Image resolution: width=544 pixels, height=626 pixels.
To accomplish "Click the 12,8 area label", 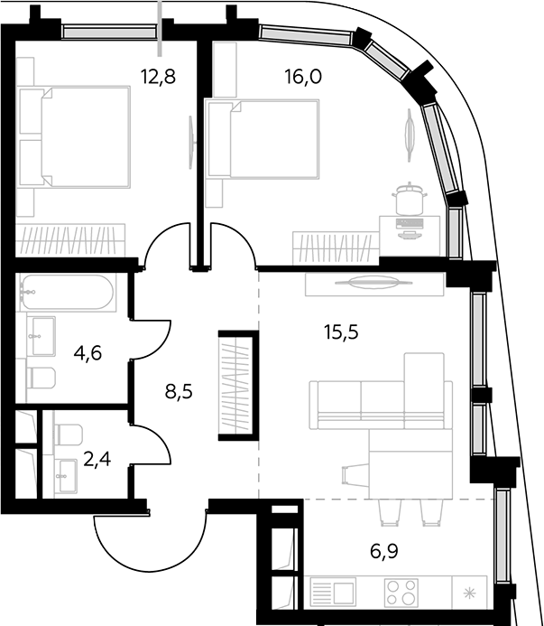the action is pyautogui.click(x=159, y=76).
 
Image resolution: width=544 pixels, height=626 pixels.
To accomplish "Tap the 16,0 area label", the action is pyautogui.click(x=303, y=76).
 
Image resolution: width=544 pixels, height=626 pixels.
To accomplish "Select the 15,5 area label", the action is pyautogui.click(x=341, y=332).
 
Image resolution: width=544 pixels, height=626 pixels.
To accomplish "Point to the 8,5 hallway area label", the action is pyautogui.click(x=179, y=392).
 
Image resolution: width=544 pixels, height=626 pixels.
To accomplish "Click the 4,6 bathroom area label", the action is pyautogui.click(x=88, y=353).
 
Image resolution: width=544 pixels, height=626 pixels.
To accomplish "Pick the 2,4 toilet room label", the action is pyautogui.click(x=97, y=459).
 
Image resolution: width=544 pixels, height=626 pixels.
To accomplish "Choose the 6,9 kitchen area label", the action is pyautogui.click(x=384, y=552).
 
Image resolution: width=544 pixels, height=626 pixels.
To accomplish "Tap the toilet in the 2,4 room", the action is pyautogui.click(x=69, y=434).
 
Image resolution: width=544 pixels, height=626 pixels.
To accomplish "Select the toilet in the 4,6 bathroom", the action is pyautogui.click(x=41, y=378).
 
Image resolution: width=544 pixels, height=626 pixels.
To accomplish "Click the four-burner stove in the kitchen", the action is pyautogui.click(x=401, y=593).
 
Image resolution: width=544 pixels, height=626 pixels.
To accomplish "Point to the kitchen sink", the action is pyautogui.click(x=333, y=593).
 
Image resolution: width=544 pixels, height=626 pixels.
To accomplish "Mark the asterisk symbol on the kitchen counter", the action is pyautogui.click(x=469, y=593).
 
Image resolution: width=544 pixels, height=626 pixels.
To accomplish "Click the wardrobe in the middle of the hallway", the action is pyautogui.click(x=238, y=386).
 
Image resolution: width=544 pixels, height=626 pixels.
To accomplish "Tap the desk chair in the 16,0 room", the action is pyautogui.click(x=410, y=198).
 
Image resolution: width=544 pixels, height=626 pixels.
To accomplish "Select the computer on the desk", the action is pyautogui.click(x=409, y=229).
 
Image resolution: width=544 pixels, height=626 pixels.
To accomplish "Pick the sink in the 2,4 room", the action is pyautogui.click(x=66, y=475).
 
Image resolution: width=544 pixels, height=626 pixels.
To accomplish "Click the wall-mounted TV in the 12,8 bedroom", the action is pyautogui.click(x=191, y=142).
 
